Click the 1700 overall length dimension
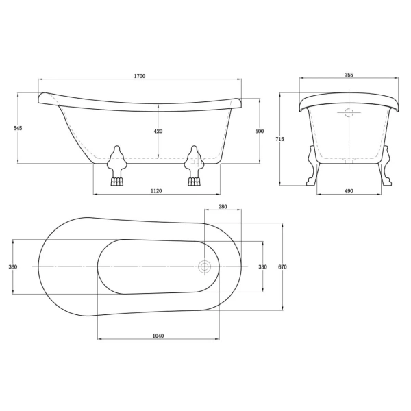pos(140,77)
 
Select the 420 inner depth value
pos(158,132)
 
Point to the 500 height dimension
pos(260,131)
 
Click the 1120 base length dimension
pos(155,192)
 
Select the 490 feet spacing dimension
pos(349,192)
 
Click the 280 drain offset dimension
pos(223,206)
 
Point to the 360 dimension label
pos(12,266)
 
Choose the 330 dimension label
pos(262,266)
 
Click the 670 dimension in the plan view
pos(282,266)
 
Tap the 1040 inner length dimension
pos(158,336)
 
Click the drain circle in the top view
pos(203,266)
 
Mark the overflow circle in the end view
pos(349,114)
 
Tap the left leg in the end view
pos(312,168)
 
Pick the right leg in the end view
pos(386,168)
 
